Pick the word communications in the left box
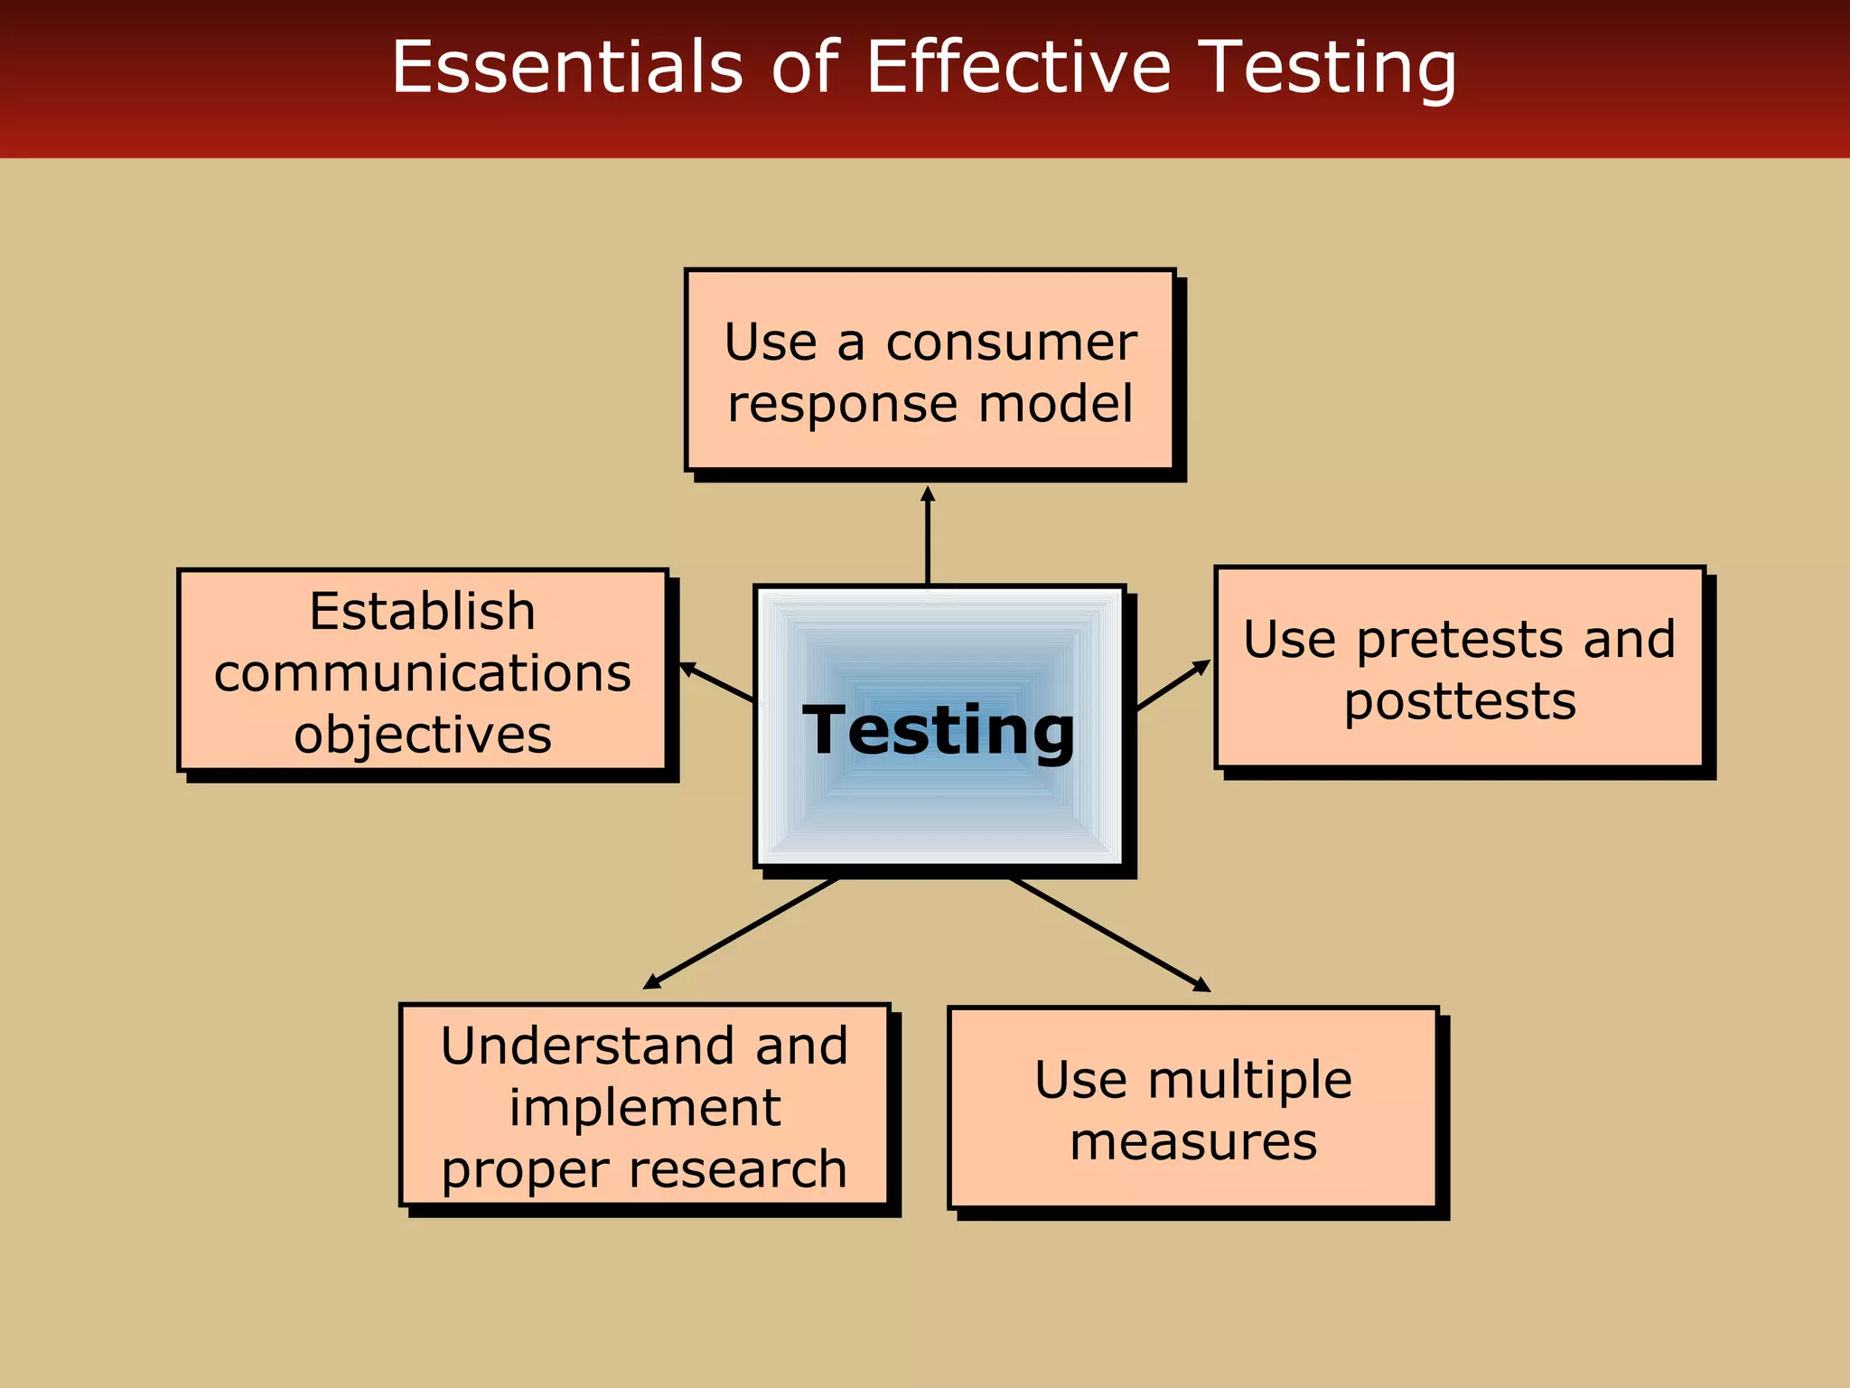[422, 673]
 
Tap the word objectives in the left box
[422, 735]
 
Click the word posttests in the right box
[1460, 701]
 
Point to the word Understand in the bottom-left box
[582, 1046]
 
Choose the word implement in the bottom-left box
[644, 1108]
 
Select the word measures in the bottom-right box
[1193, 1141]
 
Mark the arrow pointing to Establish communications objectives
[716, 682]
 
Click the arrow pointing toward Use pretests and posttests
[1173, 685]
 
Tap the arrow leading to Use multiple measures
[1109, 934]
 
